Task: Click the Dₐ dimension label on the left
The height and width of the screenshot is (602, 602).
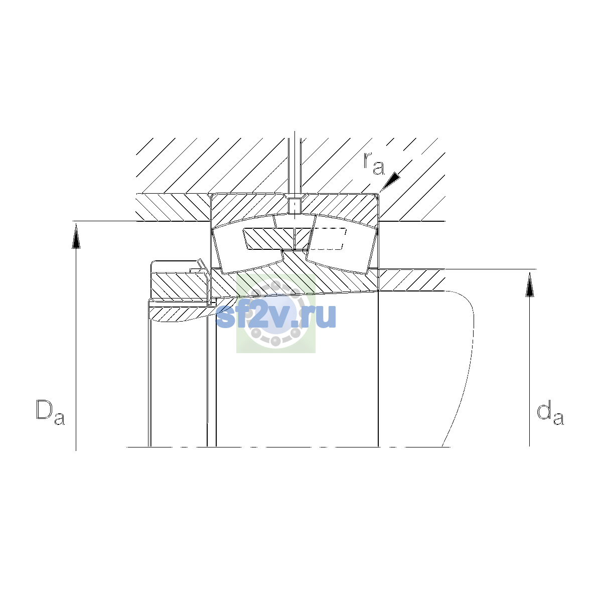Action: (x=50, y=412)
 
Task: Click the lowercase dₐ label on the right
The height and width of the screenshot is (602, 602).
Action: (x=550, y=413)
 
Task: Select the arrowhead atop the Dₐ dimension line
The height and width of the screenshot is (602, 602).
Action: (x=76, y=237)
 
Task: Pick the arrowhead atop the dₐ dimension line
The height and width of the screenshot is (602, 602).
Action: (x=530, y=284)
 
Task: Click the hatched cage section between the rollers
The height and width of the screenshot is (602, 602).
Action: (x=277, y=239)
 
